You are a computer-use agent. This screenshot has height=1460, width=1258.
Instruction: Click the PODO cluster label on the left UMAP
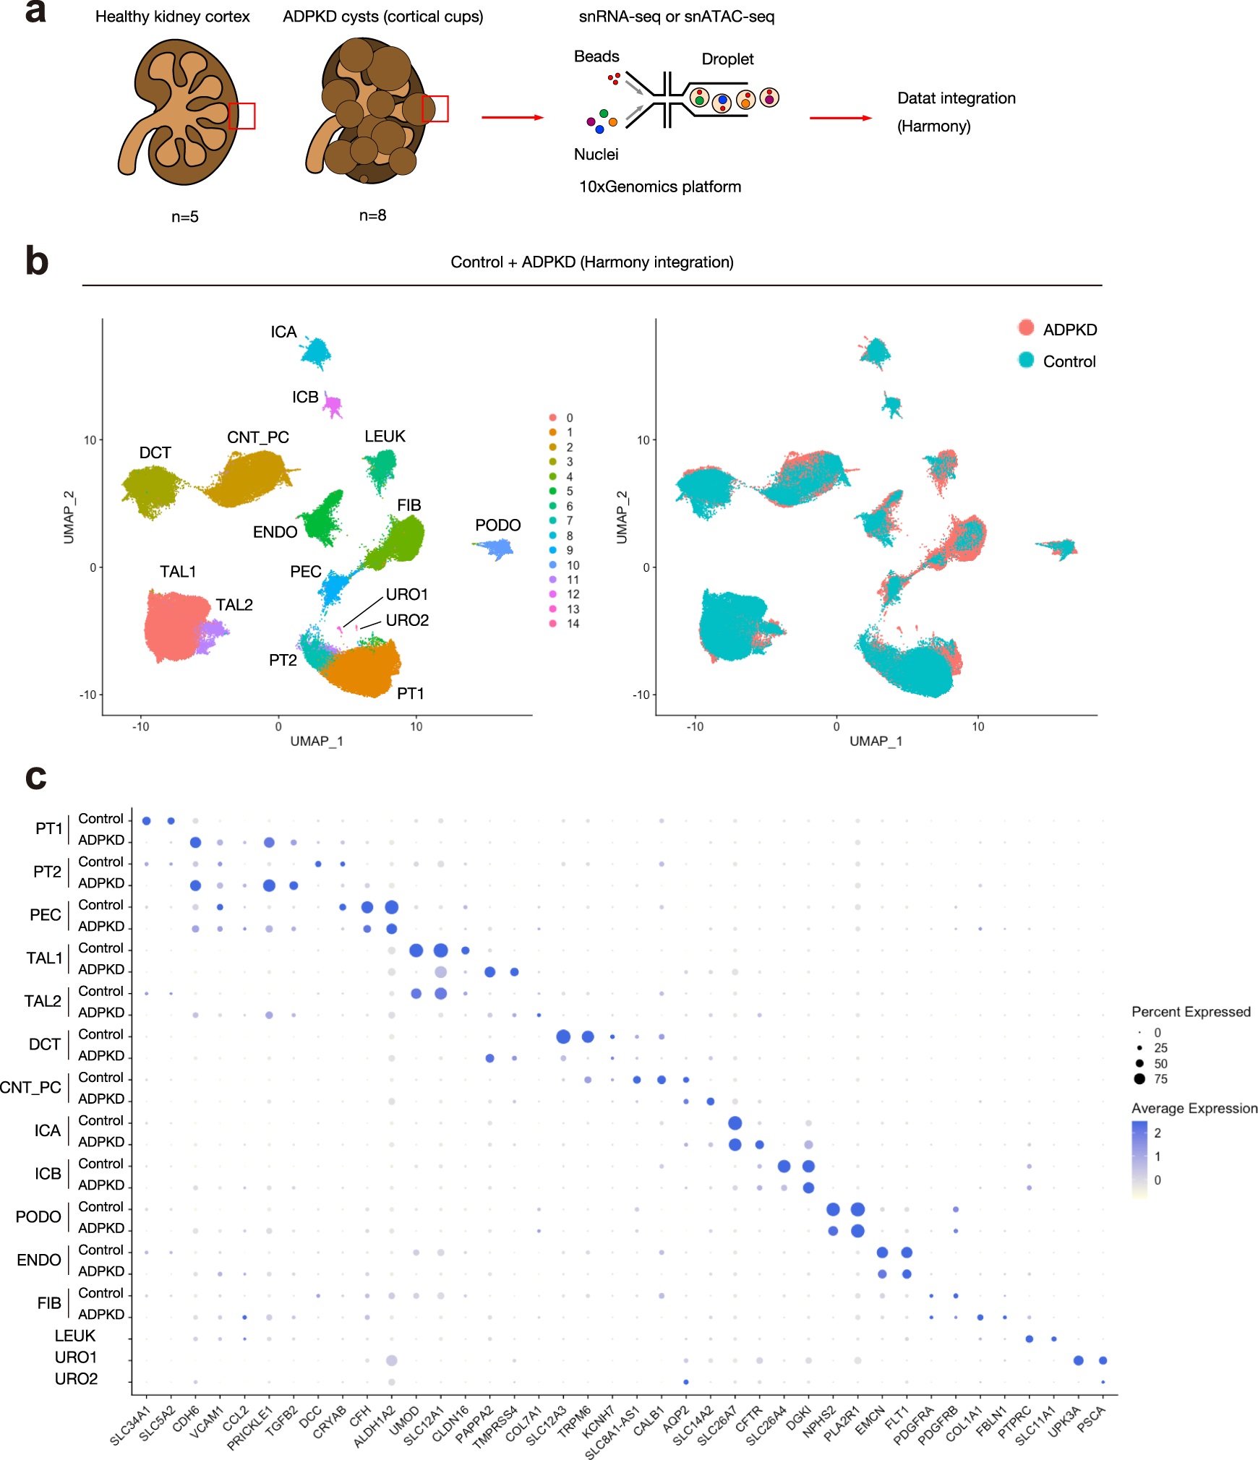[x=497, y=525]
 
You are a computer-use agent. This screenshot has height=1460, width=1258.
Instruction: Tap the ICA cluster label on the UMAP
[x=283, y=332]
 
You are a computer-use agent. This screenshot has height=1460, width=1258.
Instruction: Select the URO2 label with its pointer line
[x=407, y=620]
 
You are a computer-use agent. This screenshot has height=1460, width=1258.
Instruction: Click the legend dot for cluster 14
[x=553, y=624]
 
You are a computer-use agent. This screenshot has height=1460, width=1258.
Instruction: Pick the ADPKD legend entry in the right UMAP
[x=1069, y=330]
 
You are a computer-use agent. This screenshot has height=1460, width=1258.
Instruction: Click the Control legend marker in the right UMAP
[x=1026, y=360]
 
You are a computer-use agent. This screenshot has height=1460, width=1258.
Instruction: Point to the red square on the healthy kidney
[x=241, y=116]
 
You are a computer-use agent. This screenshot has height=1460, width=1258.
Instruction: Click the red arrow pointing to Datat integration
[x=840, y=118]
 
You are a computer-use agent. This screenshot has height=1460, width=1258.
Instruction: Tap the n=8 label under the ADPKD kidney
[x=372, y=215]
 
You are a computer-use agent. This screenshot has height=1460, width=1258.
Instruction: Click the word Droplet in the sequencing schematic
[x=727, y=59]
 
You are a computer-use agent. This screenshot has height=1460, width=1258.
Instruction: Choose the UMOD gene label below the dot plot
[x=404, y=1420]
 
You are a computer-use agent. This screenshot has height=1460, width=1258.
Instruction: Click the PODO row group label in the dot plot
[x=38, y=1217]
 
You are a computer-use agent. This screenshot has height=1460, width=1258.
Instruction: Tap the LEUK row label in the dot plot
[x=75, y=1336]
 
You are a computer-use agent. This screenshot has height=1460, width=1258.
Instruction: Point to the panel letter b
[x=37, y=261]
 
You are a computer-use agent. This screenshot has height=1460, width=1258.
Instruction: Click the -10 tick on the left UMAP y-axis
[x=87, y=695]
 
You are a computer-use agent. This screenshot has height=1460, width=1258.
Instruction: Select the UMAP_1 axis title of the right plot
[x=876, y=741]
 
